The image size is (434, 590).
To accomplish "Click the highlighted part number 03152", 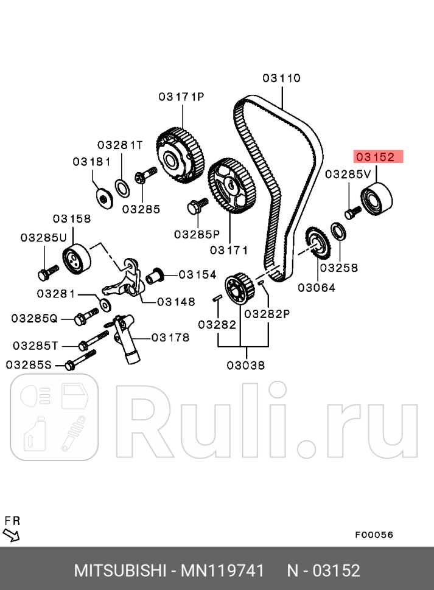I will pos(376,157).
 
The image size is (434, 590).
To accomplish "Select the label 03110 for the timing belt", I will pos(282,78).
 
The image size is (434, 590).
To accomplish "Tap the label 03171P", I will pos(181,96).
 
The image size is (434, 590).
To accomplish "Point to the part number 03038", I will pos(246,365).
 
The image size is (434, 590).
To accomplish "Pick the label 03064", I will pos(317,287).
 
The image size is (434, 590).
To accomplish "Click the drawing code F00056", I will pos(374,535).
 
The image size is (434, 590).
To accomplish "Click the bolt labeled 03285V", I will pos(352,212).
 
